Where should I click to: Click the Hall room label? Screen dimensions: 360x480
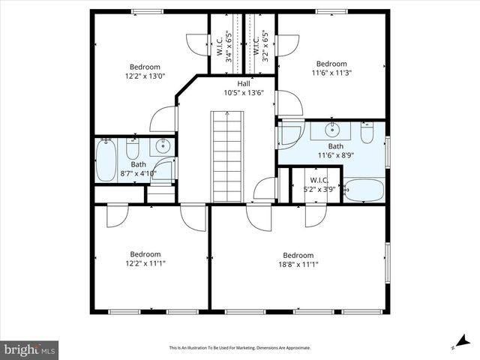(x=244, y=83)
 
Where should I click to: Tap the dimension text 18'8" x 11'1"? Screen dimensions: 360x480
(x=298, y=264)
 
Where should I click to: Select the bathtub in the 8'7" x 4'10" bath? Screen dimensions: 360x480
(x=105, y=160)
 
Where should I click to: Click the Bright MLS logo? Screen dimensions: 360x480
(x=30, y=349)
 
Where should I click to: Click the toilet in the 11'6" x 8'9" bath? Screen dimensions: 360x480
(x=367, y=133)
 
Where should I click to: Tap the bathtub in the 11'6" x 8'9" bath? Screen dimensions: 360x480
(x=365, y=189)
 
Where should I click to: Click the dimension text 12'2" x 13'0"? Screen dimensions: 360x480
(x=145, y=76)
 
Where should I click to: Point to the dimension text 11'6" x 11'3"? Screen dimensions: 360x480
(x=331, y=73)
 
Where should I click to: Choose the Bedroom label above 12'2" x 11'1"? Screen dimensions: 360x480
(x=145, y=254)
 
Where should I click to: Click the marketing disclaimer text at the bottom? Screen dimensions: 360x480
(x=239, y=348)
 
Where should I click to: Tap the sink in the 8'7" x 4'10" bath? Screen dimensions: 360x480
(x=162, y=146)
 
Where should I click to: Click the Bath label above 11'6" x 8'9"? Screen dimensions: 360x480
(x=335, y=146)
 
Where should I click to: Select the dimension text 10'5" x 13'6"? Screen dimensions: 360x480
(x=244, y=93)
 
